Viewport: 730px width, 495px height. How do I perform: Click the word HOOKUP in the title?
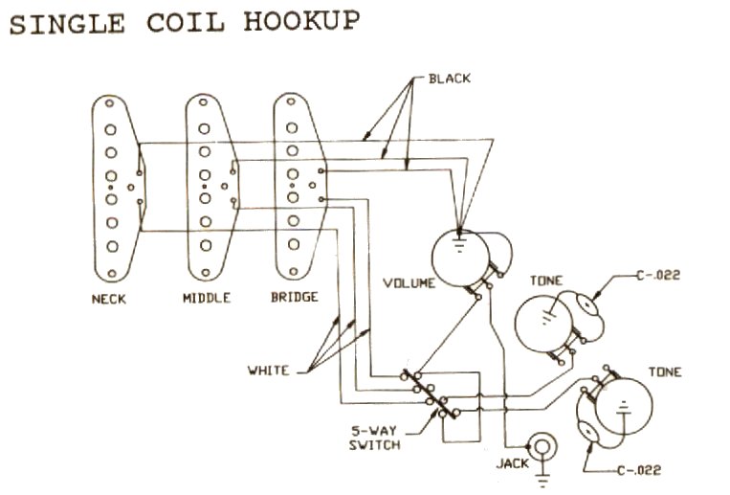[301, 21]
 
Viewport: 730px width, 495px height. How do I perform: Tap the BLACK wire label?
[450, 79]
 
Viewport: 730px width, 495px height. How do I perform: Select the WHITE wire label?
[268, 371]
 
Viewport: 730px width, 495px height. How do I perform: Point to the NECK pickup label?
[109, 299]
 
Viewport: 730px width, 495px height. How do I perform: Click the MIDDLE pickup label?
[207, 298]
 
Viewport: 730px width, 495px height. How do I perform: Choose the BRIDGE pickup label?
[295, 297]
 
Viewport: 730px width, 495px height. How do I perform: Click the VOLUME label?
[409, 282]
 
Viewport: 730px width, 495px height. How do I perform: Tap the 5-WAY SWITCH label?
[375, 438]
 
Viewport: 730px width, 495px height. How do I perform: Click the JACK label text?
[513, 463]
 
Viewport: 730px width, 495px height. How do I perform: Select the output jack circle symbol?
[542, 446]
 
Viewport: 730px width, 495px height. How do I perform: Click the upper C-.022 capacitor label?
[658, 275]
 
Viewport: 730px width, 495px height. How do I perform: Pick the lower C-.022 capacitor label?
[639, 470]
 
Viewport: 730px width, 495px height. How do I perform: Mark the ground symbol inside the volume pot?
[459, 245]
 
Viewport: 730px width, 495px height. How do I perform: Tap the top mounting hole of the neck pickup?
[109, 102]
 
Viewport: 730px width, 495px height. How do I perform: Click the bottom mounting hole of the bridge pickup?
[294, 271]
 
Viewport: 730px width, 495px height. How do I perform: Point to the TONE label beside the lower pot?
[665, 371]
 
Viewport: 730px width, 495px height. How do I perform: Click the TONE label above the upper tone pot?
[546, 281]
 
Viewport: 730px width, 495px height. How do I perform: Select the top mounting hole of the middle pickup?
[203, 101]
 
